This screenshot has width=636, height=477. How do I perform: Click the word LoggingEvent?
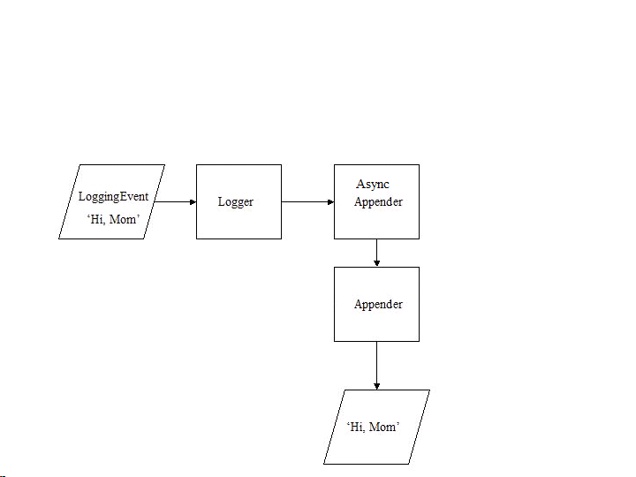(x=113, y=196)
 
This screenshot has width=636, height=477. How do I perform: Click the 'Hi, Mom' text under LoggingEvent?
(x=113, y=219)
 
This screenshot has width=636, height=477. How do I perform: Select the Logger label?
(x=236, y=202)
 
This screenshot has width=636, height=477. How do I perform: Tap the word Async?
(x=373, y=185)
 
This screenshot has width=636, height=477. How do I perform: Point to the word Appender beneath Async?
(x=378, y=202)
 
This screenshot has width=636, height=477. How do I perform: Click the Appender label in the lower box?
(x=378, y=305)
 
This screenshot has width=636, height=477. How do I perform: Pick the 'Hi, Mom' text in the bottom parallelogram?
(x=374, y=428)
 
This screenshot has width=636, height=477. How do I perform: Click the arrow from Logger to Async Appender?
(x=306, y=201)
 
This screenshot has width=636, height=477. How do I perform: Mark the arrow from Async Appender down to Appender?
(x=377, y=252)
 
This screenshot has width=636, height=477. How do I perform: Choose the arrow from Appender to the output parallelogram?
(x=377, y=364)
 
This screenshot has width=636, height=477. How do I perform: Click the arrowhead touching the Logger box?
(x=192, y=201)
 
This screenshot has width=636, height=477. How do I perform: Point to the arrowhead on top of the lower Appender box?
(x=377, y=262)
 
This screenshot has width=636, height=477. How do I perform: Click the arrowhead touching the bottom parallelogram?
(x=377, y=385)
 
